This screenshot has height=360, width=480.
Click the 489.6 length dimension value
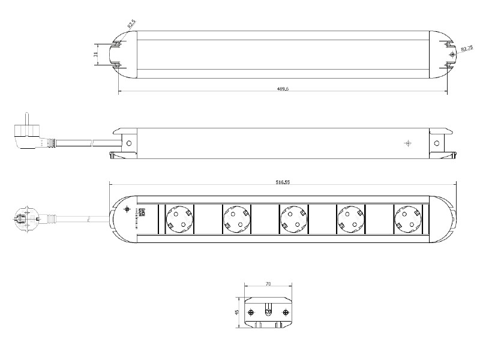(283, 89)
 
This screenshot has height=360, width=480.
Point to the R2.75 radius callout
(466, 47)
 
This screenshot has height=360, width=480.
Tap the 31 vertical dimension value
(95, 54)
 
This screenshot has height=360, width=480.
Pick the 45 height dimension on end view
(237, 313)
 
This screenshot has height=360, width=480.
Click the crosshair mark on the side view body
(407, 143)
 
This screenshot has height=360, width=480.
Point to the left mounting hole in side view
(128, 143)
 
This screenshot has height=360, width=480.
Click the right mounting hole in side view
(436, 143)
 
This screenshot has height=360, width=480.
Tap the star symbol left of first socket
(126, 210)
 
